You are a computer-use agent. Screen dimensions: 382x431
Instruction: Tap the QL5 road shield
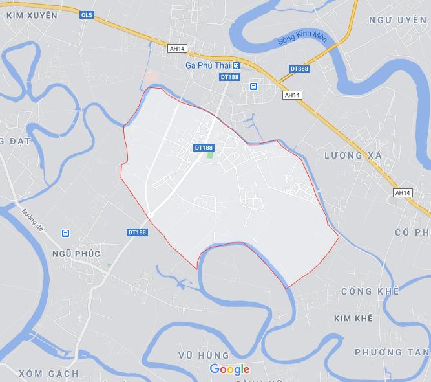tap(87, 15)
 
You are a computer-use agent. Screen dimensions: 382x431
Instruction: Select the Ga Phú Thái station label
tap(208, 66)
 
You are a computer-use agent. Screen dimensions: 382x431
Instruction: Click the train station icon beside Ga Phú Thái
tap(237, 66)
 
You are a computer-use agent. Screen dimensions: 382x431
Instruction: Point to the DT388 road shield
tap(299, 67)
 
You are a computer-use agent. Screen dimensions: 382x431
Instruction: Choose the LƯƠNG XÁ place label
tap(353, 156)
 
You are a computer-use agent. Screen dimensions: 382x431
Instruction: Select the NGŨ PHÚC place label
tap(76, 254)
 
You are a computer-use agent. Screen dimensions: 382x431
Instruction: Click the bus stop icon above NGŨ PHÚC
tap(65, 233)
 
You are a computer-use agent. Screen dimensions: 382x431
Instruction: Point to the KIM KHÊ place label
tap(353, 319)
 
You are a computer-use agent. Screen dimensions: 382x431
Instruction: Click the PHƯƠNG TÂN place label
tap(392, 352)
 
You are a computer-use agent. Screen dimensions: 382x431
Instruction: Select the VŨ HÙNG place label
tap(204, 355)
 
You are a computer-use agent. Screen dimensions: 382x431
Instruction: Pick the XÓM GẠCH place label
tap(48, 374)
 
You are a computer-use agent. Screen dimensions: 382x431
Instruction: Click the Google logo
tap(229, 370)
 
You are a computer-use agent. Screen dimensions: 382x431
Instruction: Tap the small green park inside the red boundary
tap(209, 155)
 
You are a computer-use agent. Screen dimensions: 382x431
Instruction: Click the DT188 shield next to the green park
tap(204, 148)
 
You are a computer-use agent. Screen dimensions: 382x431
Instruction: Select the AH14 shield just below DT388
tap(293, 95)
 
